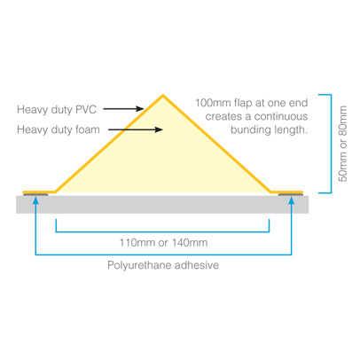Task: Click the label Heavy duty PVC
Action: pos(57,110)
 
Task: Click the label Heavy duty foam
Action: pos(59,129)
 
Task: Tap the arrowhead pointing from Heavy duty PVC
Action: pos(139,109)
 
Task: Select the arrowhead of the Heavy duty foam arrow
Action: pos(159,129)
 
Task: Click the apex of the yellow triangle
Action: pos(163,95)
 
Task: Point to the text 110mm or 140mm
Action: pos(163,243)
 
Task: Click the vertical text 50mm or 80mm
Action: pos(343,144)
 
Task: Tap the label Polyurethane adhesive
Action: pos(163,265)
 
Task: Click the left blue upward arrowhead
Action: pos(35,200)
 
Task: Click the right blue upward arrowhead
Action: pos(292,200)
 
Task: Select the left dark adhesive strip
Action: pos(35,195)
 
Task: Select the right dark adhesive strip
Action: pos(291,195)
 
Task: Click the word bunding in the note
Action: pos(247,130)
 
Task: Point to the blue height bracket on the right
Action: pos(331,144)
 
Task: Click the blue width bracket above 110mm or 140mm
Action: pos(162,231)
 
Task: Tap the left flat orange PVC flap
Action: pos(39,192)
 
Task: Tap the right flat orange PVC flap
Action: pos(286,192)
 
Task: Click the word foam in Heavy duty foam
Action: pos(88,129)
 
